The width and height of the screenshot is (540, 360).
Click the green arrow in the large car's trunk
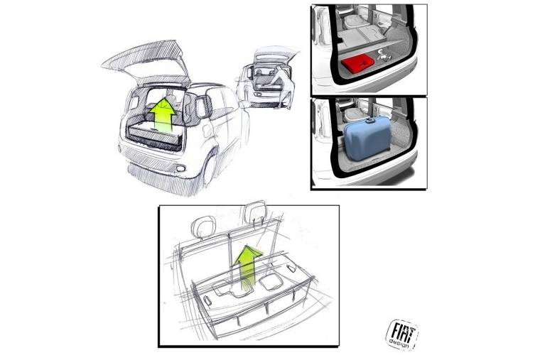coord(163,115)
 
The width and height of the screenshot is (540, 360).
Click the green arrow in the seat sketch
coord(247,265)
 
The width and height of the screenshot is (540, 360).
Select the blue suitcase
coord(367,138)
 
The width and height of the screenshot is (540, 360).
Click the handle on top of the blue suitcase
coord(370,121)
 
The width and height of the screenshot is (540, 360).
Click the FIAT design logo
coord(402,334)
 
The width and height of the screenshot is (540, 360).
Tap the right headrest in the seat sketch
coord(255,212)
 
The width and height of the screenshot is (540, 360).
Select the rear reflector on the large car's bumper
coord(180,168)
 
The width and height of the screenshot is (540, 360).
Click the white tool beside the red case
coord(384,55)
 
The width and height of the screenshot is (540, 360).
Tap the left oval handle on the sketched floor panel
coord(207,300)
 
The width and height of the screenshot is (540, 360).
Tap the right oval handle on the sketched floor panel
coord(291,268)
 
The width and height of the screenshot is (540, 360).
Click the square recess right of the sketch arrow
coord(271,282)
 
